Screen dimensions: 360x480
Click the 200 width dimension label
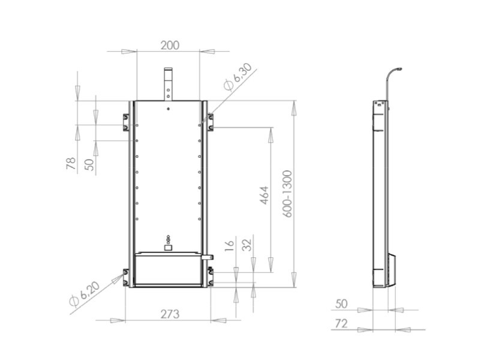tap(170, 45)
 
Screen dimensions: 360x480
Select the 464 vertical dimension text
tap(264, 196)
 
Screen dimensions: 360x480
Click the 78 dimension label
tap(71, 163)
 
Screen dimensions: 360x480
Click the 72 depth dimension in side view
tap(340, 324)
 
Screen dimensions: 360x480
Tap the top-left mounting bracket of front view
tap(126, 122)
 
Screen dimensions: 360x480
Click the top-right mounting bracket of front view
tap(211, 122)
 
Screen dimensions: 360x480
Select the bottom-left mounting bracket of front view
tap(126, 277)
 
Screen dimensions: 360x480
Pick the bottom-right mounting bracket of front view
tap(211, 277)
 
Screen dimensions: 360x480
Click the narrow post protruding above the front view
tap(169, 84)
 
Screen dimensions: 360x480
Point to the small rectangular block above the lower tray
tap(169, 247)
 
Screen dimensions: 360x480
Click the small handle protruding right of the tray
tap(208, 257)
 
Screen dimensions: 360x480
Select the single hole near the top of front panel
tap(169, 109)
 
